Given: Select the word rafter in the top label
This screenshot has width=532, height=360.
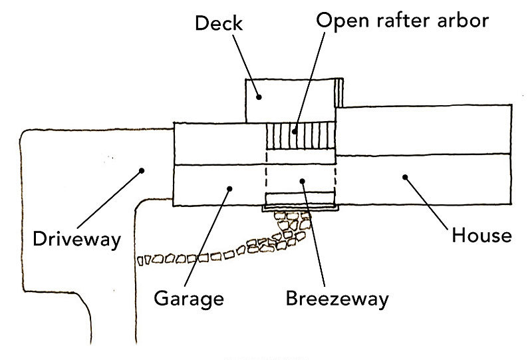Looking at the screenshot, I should [x=402, y=20].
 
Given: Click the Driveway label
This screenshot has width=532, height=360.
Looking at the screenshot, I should [x=77, y=238].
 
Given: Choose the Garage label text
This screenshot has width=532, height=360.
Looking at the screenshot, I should [x=189, y=297].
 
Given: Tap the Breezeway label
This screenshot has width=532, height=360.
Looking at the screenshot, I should [x=336, y=297].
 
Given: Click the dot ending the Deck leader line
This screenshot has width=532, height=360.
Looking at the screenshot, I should [x=260, y=96].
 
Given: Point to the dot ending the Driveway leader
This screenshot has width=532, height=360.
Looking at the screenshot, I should [x=141, y=171].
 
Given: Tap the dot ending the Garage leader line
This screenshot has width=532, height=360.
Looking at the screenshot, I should [x=229, y=188].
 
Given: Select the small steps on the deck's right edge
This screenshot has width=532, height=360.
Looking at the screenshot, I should [x=340, y=92].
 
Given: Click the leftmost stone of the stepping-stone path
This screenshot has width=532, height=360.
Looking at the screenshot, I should [x=140, y=260].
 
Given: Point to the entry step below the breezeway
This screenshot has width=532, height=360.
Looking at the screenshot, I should [x=299, y=200].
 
